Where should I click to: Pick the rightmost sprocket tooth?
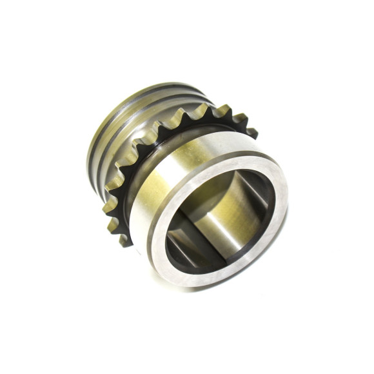(x=251, y=133)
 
